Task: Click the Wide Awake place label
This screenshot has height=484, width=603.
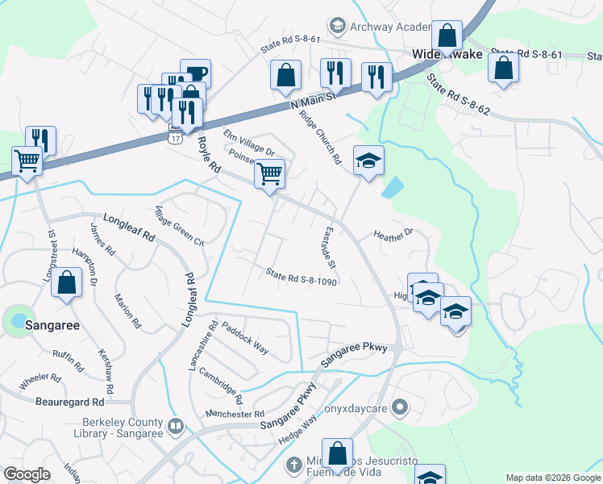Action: [447, 55]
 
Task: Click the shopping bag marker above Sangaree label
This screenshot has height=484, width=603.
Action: [68, 283]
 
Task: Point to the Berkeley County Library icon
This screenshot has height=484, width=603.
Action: [177, 425]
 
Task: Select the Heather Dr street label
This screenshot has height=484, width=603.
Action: [393, 234]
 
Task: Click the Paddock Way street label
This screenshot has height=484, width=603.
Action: [246, 338]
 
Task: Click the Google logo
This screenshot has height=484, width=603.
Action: [27, 474]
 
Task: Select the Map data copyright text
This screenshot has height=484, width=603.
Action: [552, 478]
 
